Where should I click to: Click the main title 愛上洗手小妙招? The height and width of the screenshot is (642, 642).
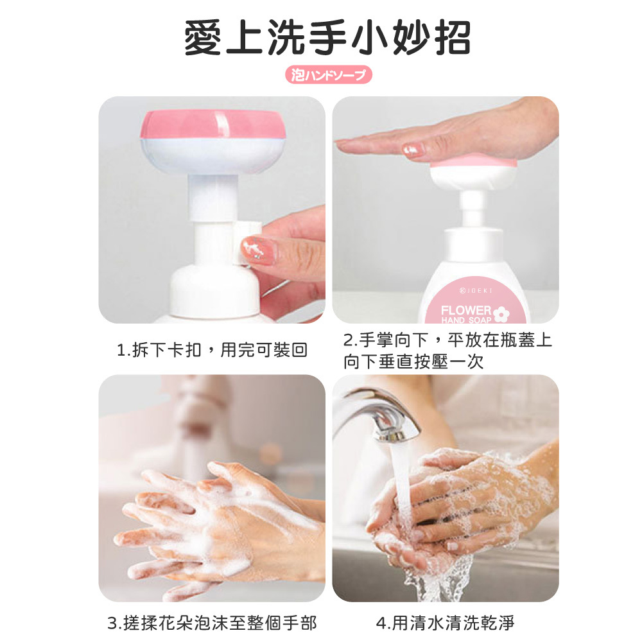click(x=327, y=38)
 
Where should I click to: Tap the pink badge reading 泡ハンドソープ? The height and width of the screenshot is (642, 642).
click(x=328, y=74)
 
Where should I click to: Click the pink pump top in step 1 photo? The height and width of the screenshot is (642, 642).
click(x=214, y=124)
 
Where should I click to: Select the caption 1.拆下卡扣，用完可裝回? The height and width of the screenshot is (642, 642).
click(x=212, y=350)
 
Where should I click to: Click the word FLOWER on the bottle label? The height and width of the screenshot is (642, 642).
click(x=466, y=310)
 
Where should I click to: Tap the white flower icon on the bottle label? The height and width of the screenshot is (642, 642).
click(x=501, y=314)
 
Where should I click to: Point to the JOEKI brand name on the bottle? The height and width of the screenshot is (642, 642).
click(x=476, y=290)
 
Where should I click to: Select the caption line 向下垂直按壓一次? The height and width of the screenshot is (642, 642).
click(x=413, y=361)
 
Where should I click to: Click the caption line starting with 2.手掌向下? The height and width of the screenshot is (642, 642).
click(x=447, y=340)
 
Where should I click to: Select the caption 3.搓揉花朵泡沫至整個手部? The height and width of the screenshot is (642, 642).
click(x=212, y=623)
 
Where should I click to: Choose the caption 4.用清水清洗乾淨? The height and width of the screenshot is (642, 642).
click(x=445, y=623)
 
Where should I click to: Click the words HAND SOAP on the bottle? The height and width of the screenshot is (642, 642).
click(x=466, y=320)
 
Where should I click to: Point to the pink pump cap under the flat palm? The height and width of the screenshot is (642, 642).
click(x=473, y=163)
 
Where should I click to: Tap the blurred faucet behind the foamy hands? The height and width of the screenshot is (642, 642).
click(x=196, y=422)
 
